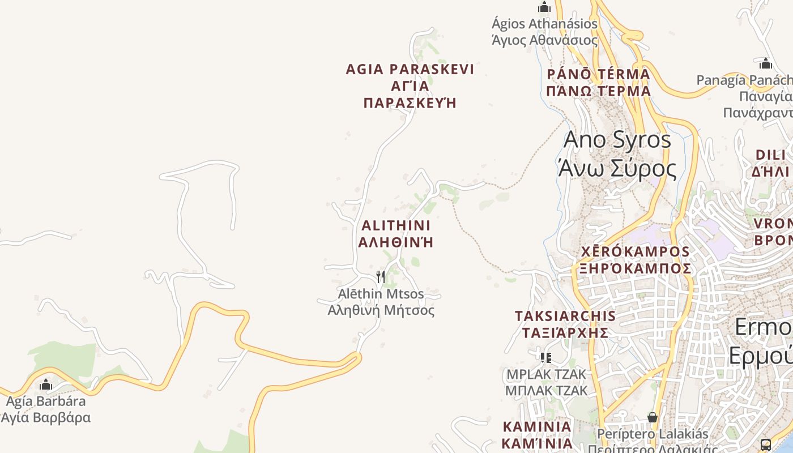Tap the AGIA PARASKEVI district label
click(410, 86)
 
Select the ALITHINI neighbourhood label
click(396, 233)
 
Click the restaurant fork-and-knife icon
click(381, 276)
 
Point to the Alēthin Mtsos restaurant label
click(381, 302)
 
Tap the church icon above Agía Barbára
click(46, 385)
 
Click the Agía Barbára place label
click(45, 409)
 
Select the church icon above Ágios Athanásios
click(544, 7)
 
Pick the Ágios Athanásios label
click(544, 32)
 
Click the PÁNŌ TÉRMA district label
click(598, 82)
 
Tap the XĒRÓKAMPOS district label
click(634, 259)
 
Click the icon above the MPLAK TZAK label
click(545, 357)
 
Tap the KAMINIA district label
click(538, 434)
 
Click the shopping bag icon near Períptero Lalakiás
click(653, 417)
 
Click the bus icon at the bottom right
click(766, 445)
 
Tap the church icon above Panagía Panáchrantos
click(766, 63)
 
